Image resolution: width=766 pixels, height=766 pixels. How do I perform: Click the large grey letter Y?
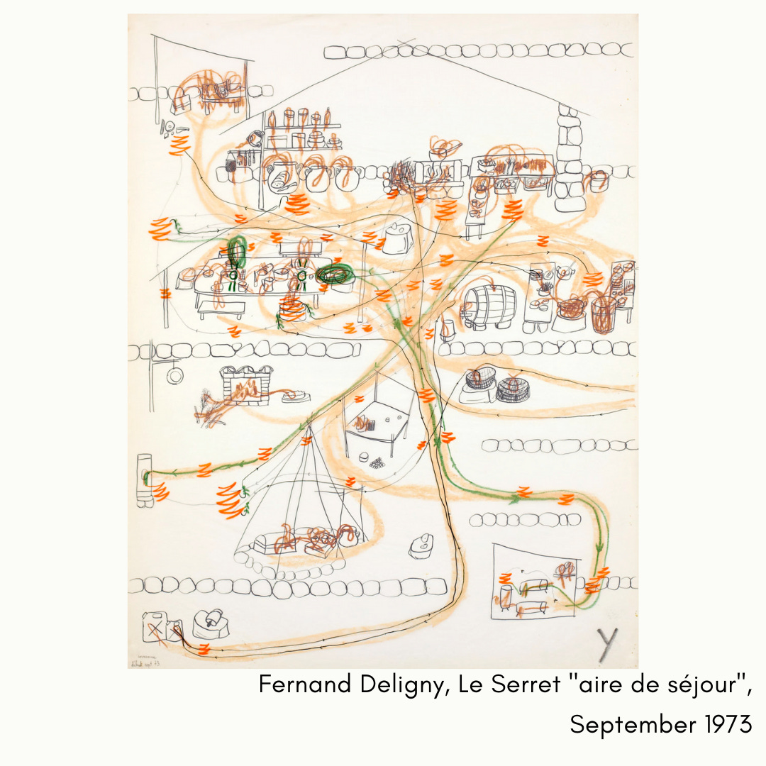[x=606, y=644]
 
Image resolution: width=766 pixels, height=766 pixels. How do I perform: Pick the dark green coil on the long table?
[x=335, y=273]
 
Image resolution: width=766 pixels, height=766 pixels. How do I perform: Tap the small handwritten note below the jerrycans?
[x=147, y=660]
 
